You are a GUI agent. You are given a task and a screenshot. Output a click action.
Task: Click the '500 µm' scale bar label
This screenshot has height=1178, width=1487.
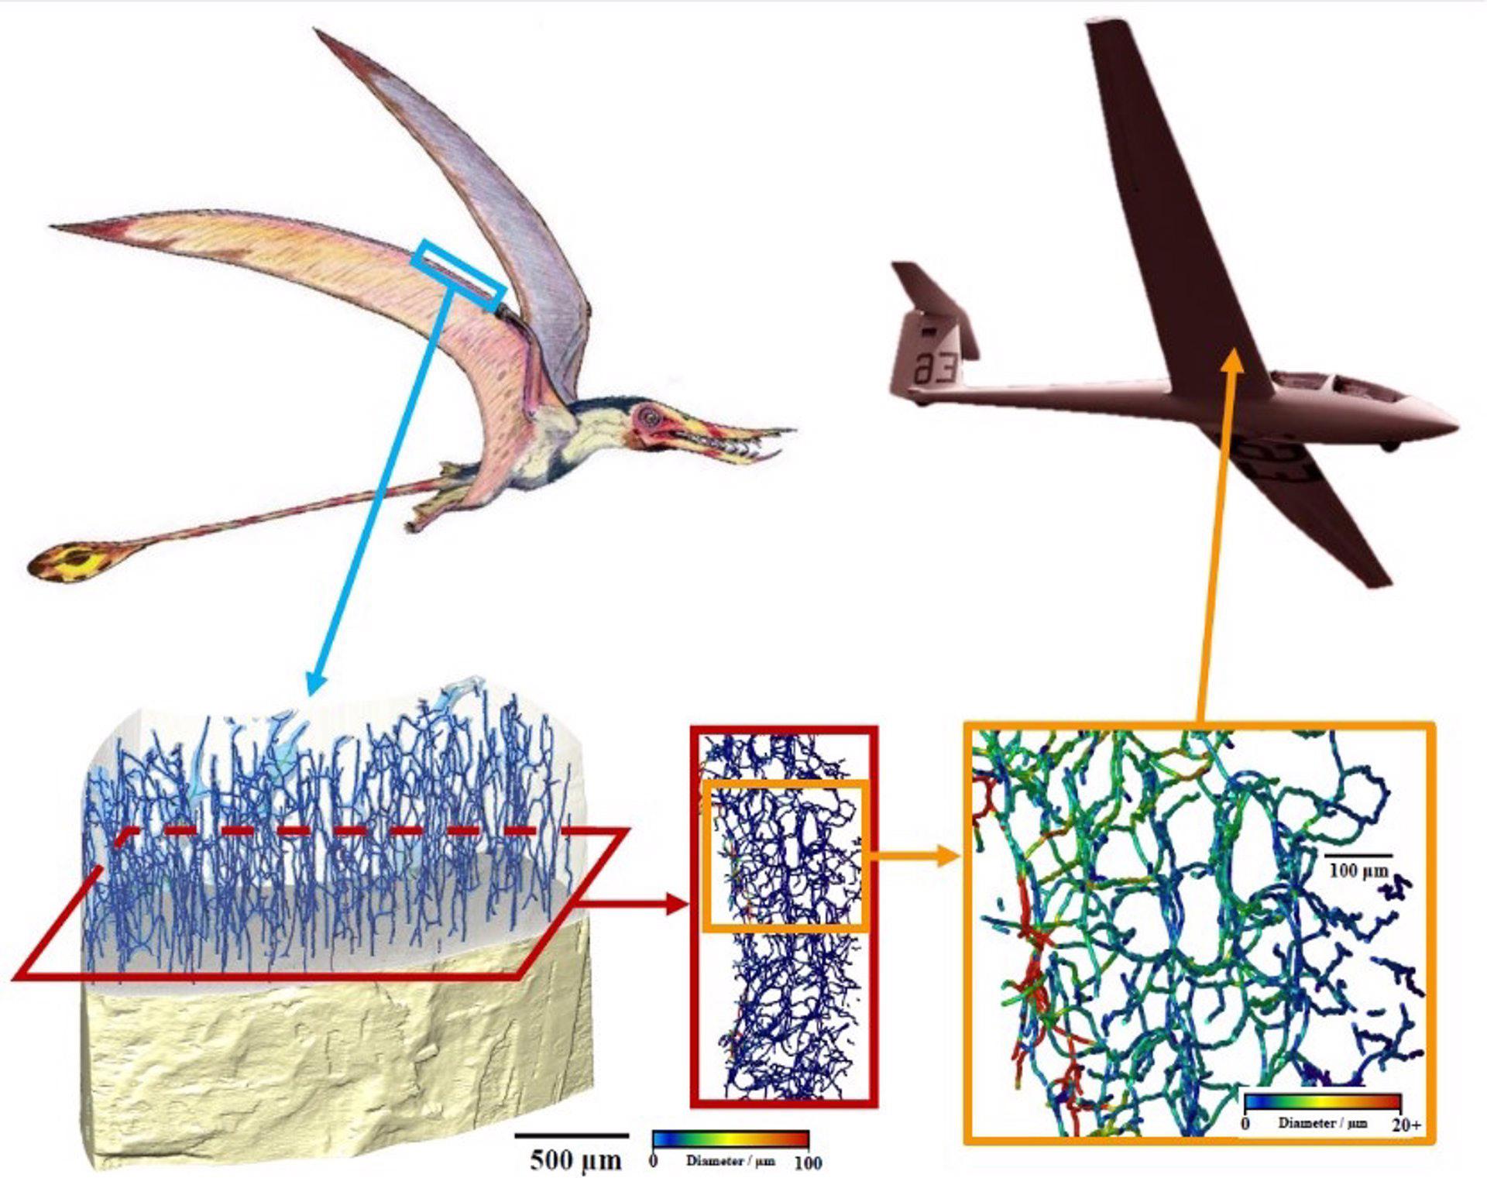point(575,1159)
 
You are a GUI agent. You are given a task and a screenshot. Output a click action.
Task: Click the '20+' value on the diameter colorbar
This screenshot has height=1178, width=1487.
point(1406,1125)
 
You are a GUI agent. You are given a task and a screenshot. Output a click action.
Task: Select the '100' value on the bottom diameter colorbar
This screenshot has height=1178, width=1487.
point(808,1163)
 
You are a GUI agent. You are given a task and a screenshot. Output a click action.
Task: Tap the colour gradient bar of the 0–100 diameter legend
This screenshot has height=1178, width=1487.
point(730,1139)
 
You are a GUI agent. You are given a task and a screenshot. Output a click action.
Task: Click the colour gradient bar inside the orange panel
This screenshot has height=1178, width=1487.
point(1322,1102)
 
